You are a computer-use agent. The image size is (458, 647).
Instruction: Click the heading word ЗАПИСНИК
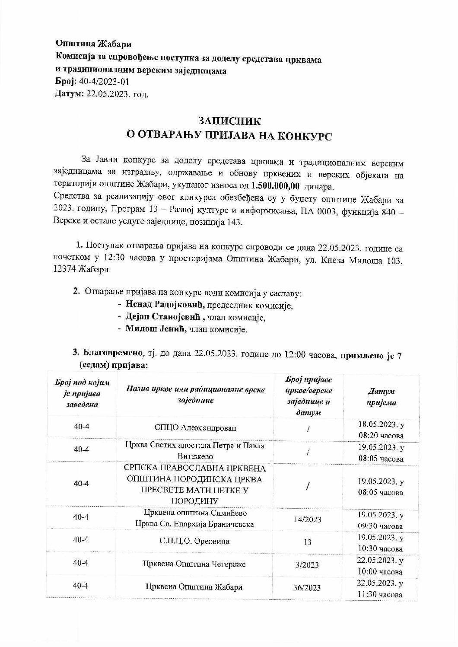click(229, 121)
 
